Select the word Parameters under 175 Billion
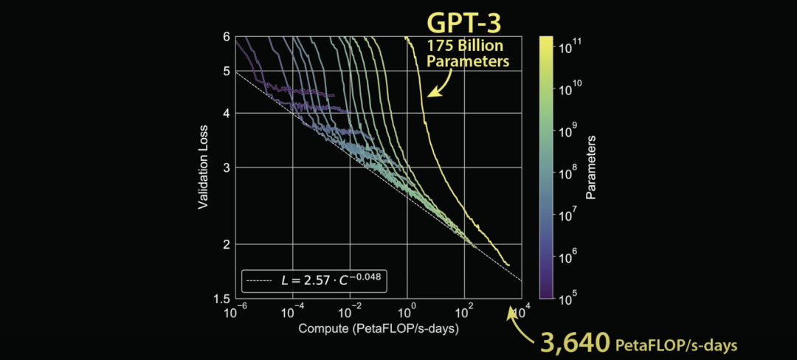coord(469,62)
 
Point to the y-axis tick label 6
coord(227,36)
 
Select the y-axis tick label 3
coord(227,167)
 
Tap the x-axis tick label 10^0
coord(408,312)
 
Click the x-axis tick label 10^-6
coord(236,312)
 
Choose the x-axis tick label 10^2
coord(465,312)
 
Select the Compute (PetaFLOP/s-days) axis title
coord(379,329)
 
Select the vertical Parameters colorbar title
coord(591,167)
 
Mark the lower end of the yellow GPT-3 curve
coord(508,264)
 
